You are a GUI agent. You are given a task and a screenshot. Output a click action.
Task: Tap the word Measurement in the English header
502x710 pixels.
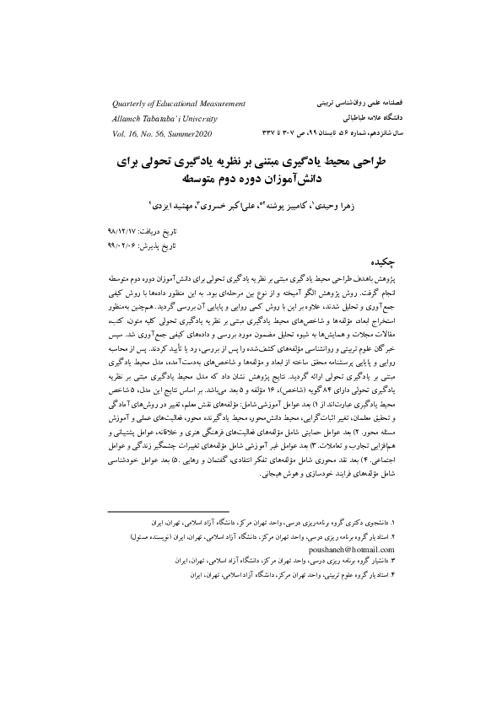tap(216, 104)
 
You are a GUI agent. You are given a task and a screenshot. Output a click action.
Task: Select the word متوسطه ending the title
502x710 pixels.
tap(203, 180)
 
